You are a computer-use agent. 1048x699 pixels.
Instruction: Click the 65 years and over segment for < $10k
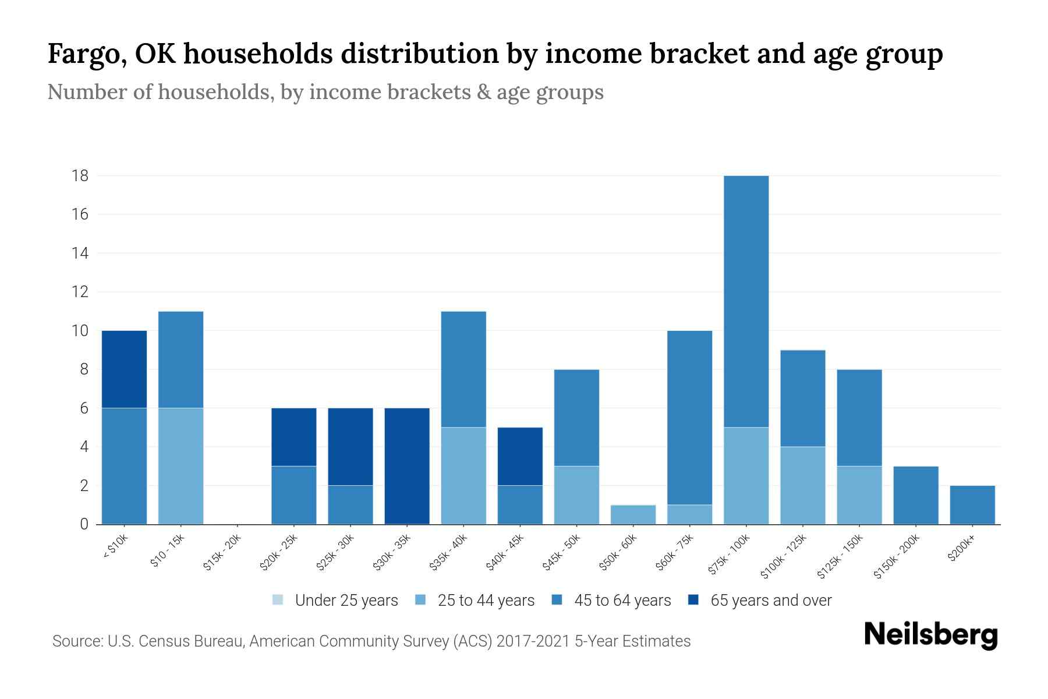(124, 369)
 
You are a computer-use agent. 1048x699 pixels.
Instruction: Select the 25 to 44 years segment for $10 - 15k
(180, 466)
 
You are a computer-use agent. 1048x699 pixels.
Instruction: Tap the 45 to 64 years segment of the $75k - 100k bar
(746, 301)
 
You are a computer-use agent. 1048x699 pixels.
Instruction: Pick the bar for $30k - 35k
(407, 466)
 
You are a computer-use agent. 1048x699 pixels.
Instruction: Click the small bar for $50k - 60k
(633, 515)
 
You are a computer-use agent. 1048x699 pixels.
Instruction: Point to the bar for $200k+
(972, 505)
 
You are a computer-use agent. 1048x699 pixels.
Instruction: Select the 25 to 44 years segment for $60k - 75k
(689, 515)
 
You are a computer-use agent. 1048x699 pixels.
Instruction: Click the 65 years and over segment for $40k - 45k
(520, 457)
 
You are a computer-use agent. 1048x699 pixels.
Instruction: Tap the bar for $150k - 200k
(916, 495)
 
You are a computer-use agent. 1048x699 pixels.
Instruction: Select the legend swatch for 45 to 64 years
(557, 600)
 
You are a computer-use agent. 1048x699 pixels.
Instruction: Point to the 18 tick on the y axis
(80, 176)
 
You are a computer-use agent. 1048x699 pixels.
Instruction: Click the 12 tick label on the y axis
(80, 292)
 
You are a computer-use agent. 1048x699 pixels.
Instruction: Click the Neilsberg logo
(930, 634)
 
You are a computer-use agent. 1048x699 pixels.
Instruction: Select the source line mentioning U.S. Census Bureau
(371, 641)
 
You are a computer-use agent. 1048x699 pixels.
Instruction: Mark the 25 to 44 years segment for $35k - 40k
(463, 476)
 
